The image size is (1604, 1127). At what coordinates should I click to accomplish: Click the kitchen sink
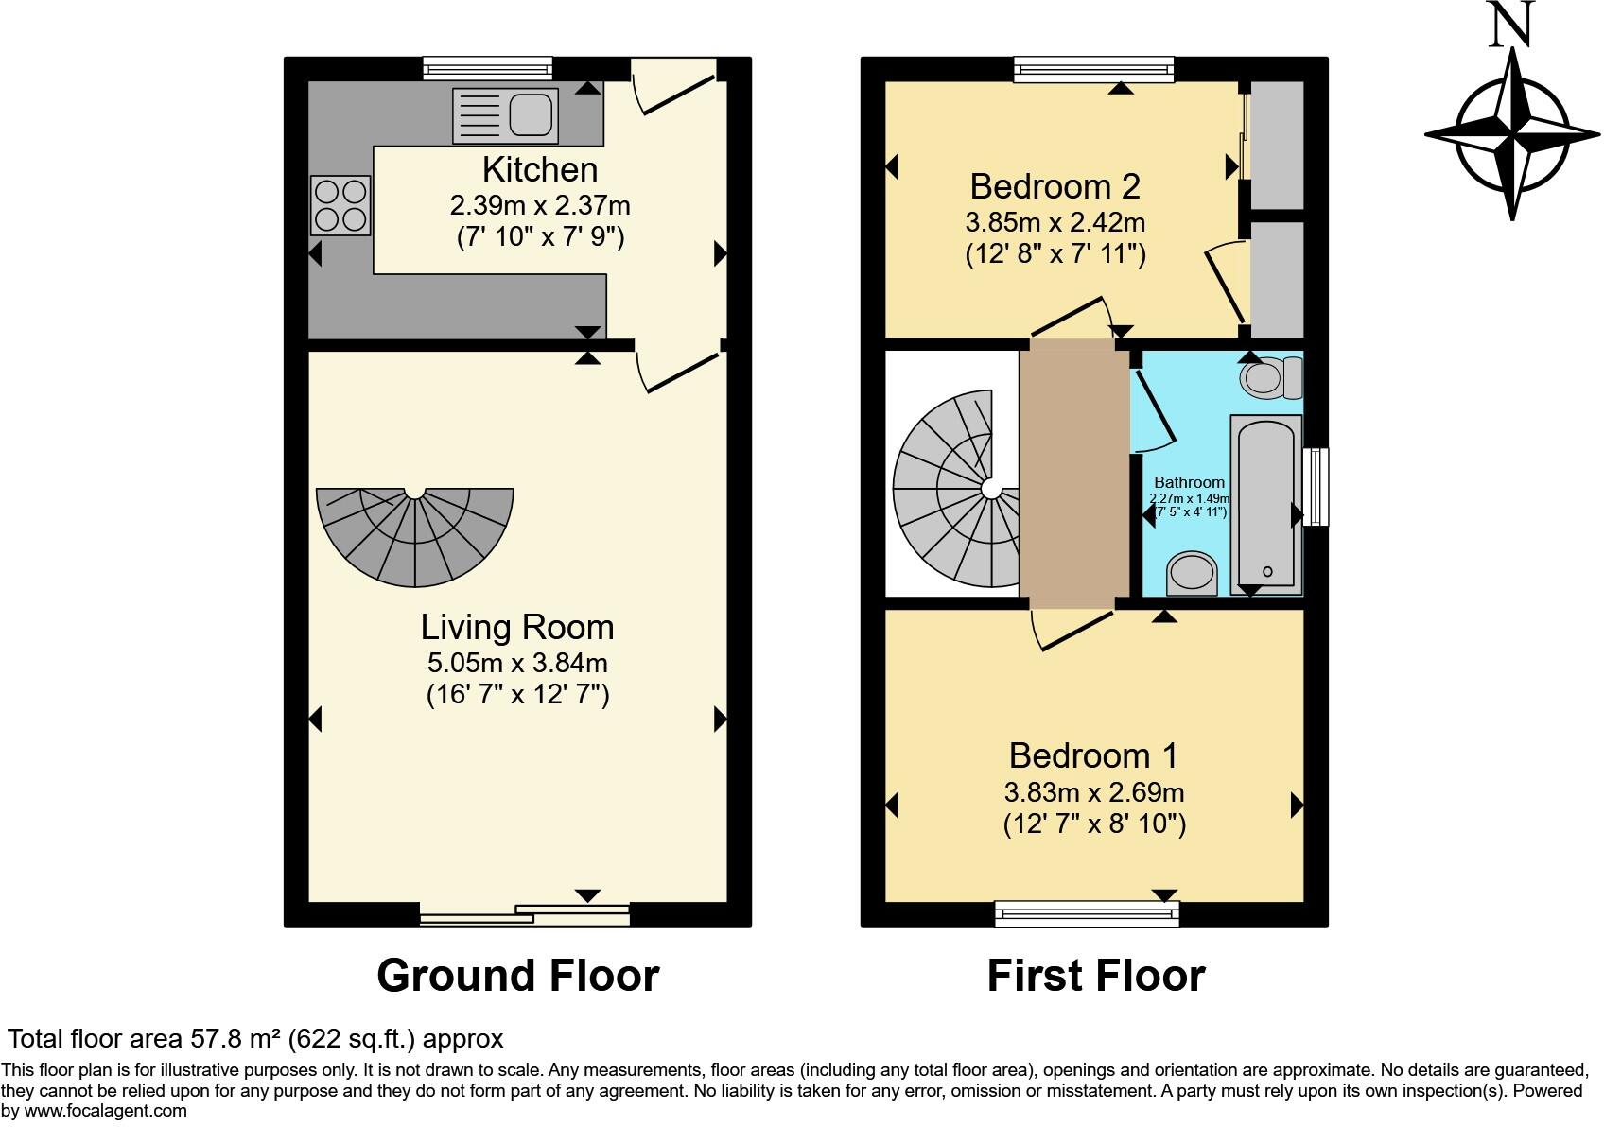504,115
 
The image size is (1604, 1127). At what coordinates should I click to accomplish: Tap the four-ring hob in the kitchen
340,205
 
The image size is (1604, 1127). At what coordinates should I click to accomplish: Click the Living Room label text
517,628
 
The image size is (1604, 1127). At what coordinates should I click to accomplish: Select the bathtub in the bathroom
1266,506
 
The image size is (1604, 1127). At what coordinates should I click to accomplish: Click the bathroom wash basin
1192,573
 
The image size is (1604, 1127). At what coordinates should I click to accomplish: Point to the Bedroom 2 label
1055,186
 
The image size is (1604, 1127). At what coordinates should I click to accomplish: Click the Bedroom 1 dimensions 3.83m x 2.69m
1094,792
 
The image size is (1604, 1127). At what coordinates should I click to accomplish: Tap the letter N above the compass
1511,25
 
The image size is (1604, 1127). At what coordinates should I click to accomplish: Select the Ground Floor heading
517,976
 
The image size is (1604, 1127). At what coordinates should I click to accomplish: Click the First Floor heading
1096,976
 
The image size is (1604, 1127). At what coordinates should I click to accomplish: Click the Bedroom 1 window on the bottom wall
1087,912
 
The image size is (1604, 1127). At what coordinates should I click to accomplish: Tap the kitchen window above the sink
487,67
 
